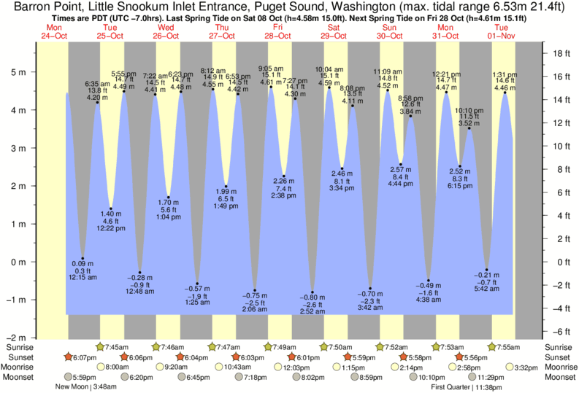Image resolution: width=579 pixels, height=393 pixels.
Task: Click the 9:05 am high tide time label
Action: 272,69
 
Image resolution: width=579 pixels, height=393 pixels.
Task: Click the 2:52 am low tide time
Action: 313,311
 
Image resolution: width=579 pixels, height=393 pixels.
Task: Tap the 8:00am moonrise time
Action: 118,367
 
